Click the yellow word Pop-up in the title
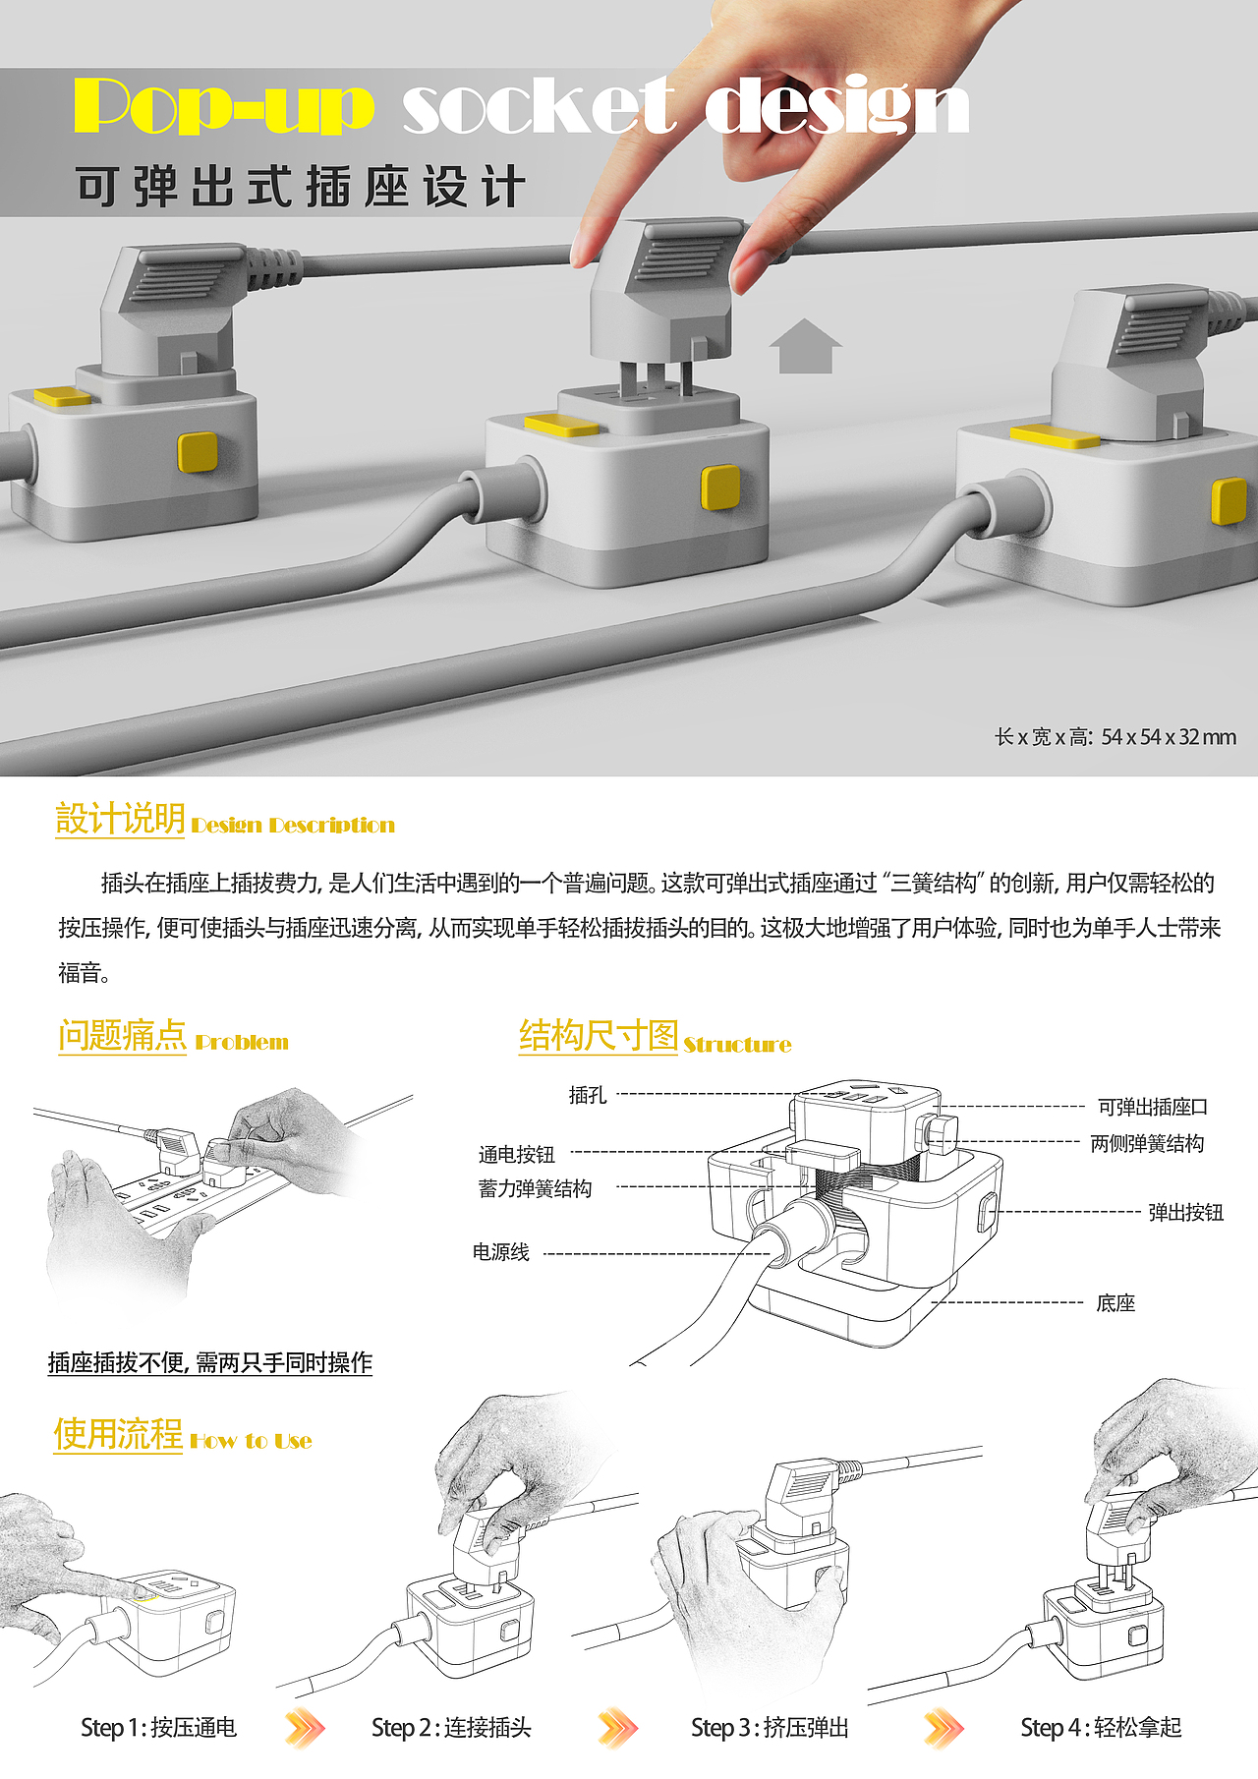point(224,106)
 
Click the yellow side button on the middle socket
point(719,488)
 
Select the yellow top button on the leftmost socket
point(63,397)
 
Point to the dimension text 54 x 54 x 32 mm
point(1168,737)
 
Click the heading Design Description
point(293,826)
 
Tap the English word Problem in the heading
point(242,1043)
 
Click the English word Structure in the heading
point(737,1045)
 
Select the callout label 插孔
point(588,1095)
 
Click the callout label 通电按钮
point(517,1155)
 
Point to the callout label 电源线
point(501,1252)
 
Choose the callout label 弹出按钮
point(1186,1213)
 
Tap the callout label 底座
point(1115,1303)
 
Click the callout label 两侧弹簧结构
point(1147,1144)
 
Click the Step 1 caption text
point(158,1728)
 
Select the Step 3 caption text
point(770,1728)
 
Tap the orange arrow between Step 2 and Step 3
point(618,1728)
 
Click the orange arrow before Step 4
point(944,1728)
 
